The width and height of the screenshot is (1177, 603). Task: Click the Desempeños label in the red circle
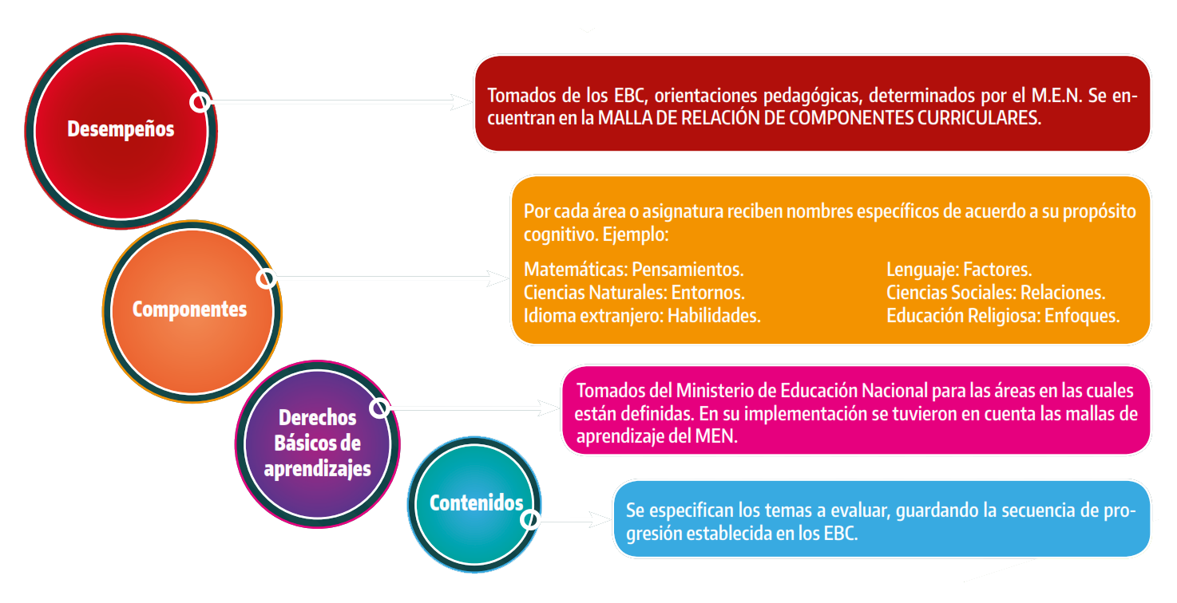click(x=121, y=128)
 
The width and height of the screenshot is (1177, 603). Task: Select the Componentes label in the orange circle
click(x=189, y=309)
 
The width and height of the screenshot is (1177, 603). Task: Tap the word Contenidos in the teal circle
click(x=476, y=503)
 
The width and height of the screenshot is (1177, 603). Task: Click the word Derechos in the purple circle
click(x=317, y=418)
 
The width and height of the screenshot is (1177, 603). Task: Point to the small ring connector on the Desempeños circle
click(x=200, y=102)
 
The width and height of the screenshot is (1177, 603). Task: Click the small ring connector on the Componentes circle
click(x=267, y=278)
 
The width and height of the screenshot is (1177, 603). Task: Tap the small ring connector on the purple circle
click(x=380, y=408)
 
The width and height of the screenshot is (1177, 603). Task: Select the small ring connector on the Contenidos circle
click(x=529, y=520)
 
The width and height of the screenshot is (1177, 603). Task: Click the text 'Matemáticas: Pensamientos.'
click(x=634, y=270)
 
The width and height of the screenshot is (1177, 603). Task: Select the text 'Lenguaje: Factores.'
click(x=959, y=270)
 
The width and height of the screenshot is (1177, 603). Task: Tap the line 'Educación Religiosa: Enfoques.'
click(x=1003, y=315)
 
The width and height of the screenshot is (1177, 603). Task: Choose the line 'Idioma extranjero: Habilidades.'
click(x=642, y=315)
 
